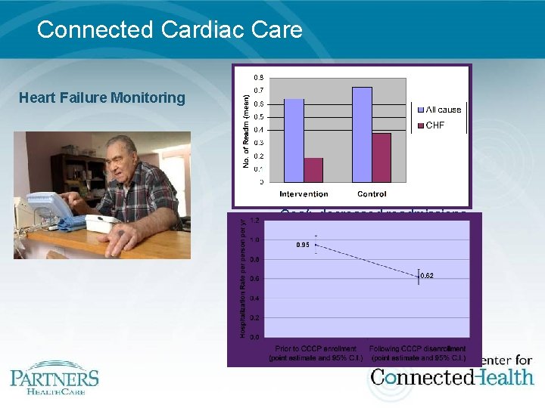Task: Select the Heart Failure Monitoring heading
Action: tap(101, 97)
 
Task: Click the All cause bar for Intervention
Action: tap(294, 140)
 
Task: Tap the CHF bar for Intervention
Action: tap(313, 169)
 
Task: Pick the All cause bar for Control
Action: tap(362, 134)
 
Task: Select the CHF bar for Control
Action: tap(381, 157)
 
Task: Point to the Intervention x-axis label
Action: tap(304, 194)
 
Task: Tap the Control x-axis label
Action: tap(372, 194)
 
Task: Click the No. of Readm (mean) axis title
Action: tap(244, 131)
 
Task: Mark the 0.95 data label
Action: tap(304, 244)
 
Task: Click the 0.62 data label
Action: tap(427, 275)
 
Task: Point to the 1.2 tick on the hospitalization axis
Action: tap(255, 221)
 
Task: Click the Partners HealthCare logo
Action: tap(54, 377)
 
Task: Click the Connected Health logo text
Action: tap(452, 376)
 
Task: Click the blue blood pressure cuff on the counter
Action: tap(73, 223)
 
